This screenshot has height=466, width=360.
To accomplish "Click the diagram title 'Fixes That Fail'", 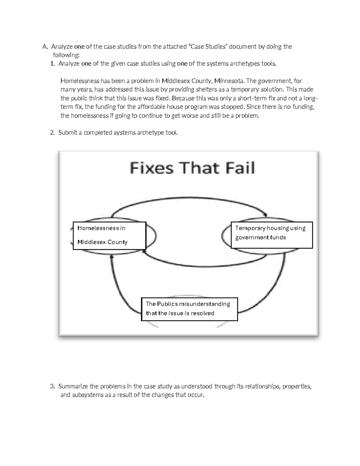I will [x=192, y=168].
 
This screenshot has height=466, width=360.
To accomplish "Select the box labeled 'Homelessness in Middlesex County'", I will [x=109, y=236].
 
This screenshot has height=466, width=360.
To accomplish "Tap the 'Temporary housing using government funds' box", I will [x=271, y=235].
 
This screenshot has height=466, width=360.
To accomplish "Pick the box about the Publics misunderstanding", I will [x=189, y=309].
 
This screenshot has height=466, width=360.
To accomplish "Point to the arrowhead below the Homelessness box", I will [x=111, y=257].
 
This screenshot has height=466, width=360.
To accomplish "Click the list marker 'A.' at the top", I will [x=45, y=47].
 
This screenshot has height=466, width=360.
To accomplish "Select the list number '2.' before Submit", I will [x=52, y=133].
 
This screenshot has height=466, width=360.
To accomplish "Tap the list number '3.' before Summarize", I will [x=52, y=386].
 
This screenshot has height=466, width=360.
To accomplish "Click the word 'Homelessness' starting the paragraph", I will [x=80, y=81].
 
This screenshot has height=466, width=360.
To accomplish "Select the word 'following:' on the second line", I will [x=66, y=55].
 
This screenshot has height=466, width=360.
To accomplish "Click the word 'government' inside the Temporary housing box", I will [x=249, y=238].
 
